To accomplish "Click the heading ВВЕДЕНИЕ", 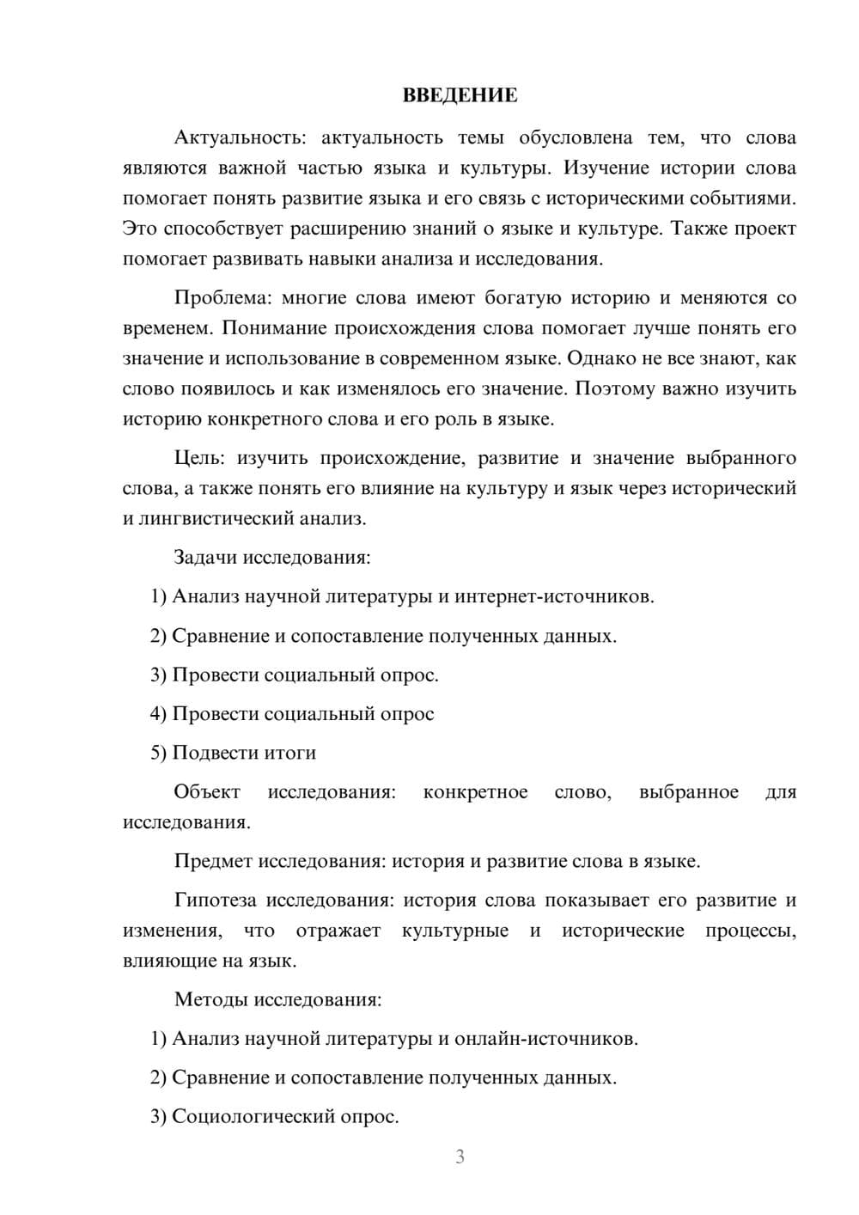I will (x=460, y=95).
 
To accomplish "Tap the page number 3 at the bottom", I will (x=460, y=1157).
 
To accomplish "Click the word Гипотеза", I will (x=215, y=901).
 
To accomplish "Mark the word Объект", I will (x=207, y=791).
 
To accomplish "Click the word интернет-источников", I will (x=554, y=596).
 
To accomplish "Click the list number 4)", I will (x=158, y=714).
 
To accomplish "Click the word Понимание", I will (x=275, y=328).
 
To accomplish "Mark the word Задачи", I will (x=205, y=557).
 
